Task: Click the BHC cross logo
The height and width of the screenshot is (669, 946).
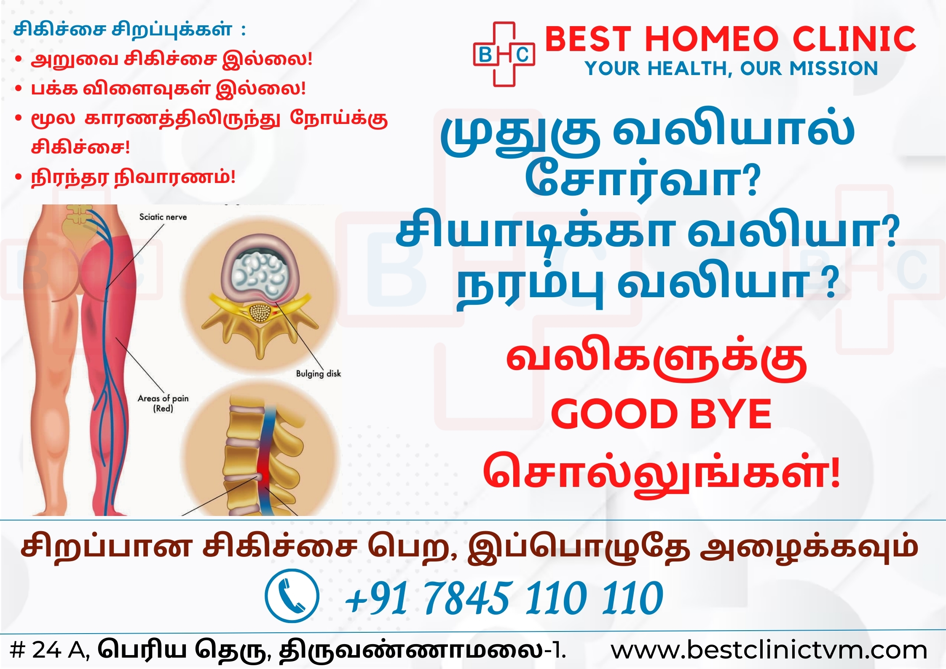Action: pyautogui.click(x=504, y=54)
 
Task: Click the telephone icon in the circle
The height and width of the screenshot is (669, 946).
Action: pyautogui.click(x=292, y=596)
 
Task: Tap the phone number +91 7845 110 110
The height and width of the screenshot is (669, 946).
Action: pyautogui.click(x=504, y=597)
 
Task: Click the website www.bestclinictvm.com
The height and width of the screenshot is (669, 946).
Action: pyautogui.click(x=769, y=650)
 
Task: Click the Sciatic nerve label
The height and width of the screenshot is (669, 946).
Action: pyautogui.click(x=163, y=217)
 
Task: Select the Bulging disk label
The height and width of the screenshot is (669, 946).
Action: pyautogui.click(x=318, y=373)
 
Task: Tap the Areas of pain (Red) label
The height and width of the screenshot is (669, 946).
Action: pyautogui.click(x=163, y=403)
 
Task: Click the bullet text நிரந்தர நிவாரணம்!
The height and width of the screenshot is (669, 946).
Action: pyautogui.click(x=133, y=177)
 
